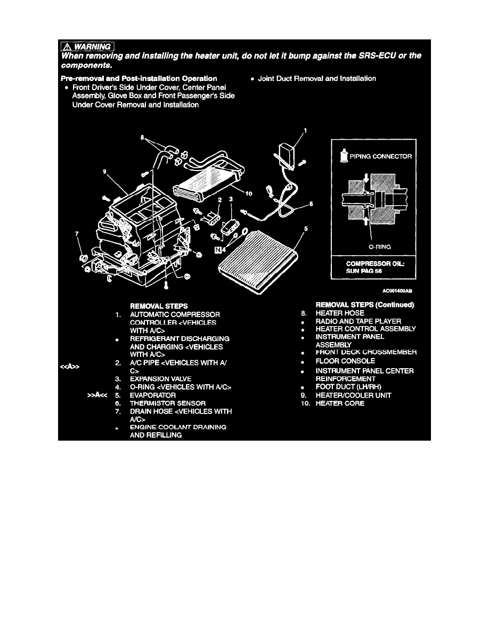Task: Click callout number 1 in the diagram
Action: pyautogui.click(x=306, y=129)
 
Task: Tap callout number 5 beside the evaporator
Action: pyautogui.click(x=305, y=230)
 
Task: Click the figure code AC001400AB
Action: pyautogui.click(x=397, y=291)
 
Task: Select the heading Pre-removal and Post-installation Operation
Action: pyautogui.click(x=140, y=78)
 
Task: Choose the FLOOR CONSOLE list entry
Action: pyautogui.click(x=345, y=361)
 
